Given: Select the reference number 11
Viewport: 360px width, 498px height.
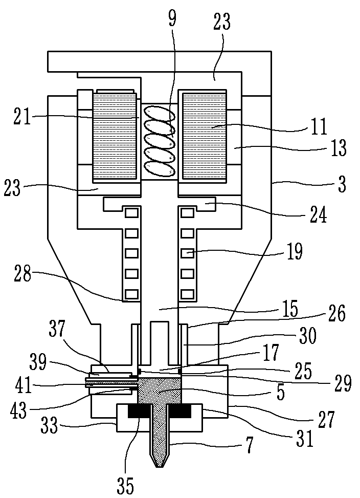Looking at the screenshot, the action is pos(319,127).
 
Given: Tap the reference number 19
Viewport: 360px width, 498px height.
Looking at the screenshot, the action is pos(295,251).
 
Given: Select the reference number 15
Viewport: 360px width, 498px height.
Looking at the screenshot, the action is pos(289,308).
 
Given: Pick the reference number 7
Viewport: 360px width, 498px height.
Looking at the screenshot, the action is pos(250,446).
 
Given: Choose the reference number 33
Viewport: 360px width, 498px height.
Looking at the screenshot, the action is pos(50,425).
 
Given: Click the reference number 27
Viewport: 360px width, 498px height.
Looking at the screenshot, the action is pos(326,419).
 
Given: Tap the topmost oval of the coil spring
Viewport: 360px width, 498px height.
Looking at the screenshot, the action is pos(159,113).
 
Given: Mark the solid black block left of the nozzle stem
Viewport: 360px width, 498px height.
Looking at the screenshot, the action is pos(140,412).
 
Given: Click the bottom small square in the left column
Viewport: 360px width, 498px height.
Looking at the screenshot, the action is pos(132,294).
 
